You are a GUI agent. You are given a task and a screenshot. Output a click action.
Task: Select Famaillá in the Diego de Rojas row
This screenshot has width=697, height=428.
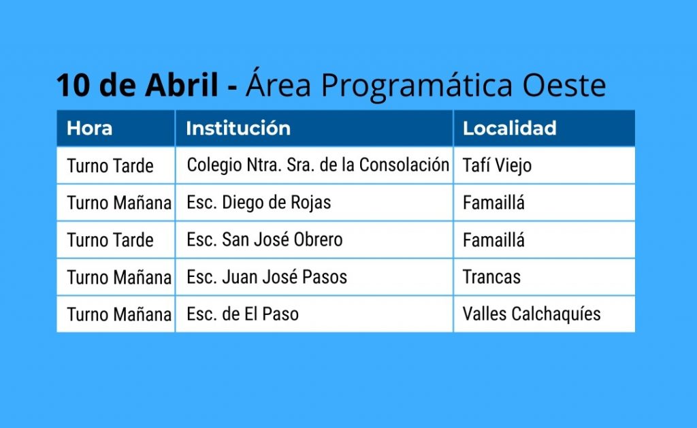(x=493, y=203)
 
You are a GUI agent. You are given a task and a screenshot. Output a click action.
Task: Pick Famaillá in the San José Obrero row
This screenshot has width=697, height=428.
(x=493, y=240)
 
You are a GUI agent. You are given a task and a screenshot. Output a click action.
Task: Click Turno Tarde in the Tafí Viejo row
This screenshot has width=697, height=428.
(x=110, y=166)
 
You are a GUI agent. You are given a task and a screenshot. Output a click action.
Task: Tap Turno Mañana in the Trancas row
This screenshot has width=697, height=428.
(x=119, y=278)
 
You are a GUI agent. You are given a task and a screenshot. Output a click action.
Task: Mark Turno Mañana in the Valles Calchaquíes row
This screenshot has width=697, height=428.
(x=119, y=314)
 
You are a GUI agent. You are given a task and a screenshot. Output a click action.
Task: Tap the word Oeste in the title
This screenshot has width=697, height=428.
(x=564, y=85)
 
